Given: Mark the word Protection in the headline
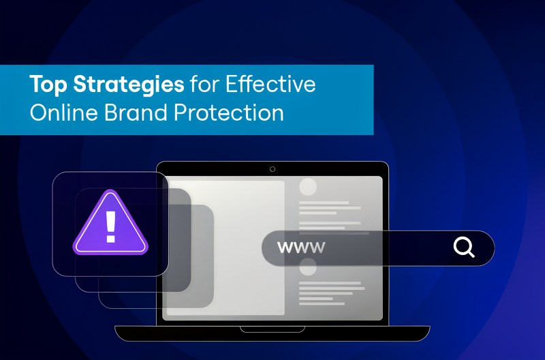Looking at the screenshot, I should tap(230, 112).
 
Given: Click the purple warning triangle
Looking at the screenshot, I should tap(110, 225).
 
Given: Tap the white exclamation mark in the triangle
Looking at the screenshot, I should tap(110, 226).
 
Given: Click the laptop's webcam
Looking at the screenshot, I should tap(272, 168).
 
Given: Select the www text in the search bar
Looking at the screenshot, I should tap(300, 247).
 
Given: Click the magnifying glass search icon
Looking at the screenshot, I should tap(463, 247).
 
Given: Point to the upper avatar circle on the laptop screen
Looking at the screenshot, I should tap(308, 187).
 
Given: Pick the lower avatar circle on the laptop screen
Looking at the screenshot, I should tap(308, 270).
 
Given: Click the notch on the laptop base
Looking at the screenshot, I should tap(272, 329).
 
